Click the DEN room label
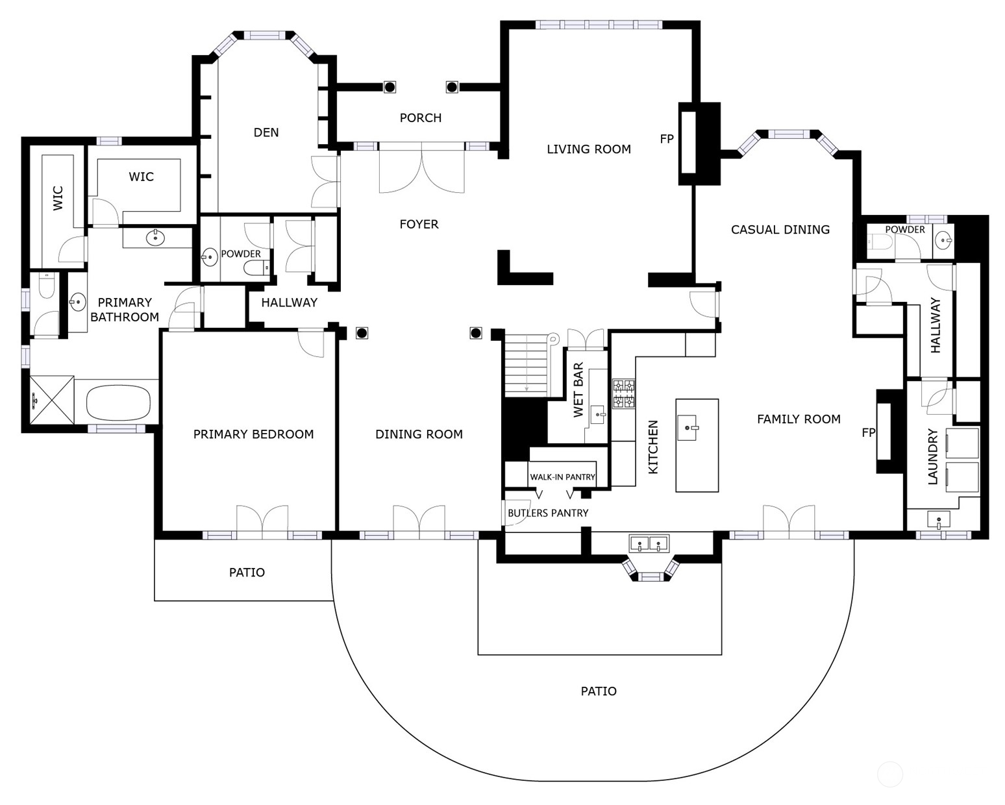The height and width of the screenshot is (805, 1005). [x=266, y=132]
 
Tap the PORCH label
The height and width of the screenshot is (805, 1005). [x=420, y=118]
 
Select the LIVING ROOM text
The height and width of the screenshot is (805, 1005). [x=588, y=149]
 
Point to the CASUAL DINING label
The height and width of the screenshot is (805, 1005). [x=780, y=229]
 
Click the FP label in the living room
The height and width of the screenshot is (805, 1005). [x=666, y=139]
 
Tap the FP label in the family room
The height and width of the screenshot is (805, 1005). [x=868, y=433]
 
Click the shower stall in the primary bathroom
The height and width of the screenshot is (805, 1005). [x=52, y=400]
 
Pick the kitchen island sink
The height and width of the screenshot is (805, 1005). [x=688, y=427]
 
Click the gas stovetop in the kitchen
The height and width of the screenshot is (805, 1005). [x=624, y=394]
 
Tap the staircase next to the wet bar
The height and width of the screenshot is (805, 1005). [x=526, y=363]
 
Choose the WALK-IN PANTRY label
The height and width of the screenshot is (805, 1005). [x=562, y=477]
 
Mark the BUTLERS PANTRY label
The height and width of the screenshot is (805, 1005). [x=548, y=513]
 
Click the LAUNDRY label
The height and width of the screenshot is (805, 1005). [x=932, y=456]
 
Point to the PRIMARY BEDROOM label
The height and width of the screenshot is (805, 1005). [x=253, y=434]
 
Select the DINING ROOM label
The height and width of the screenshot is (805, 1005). [x=419, y=434]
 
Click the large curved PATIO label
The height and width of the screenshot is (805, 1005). [x=598, y=691]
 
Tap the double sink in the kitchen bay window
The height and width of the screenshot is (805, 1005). [x=649, y=543]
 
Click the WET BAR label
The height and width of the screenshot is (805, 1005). [x=578, y=390]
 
